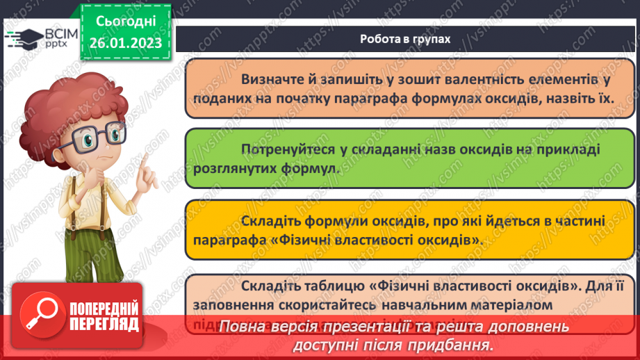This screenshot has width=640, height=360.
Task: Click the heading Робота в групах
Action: click(x=405, y=39)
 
